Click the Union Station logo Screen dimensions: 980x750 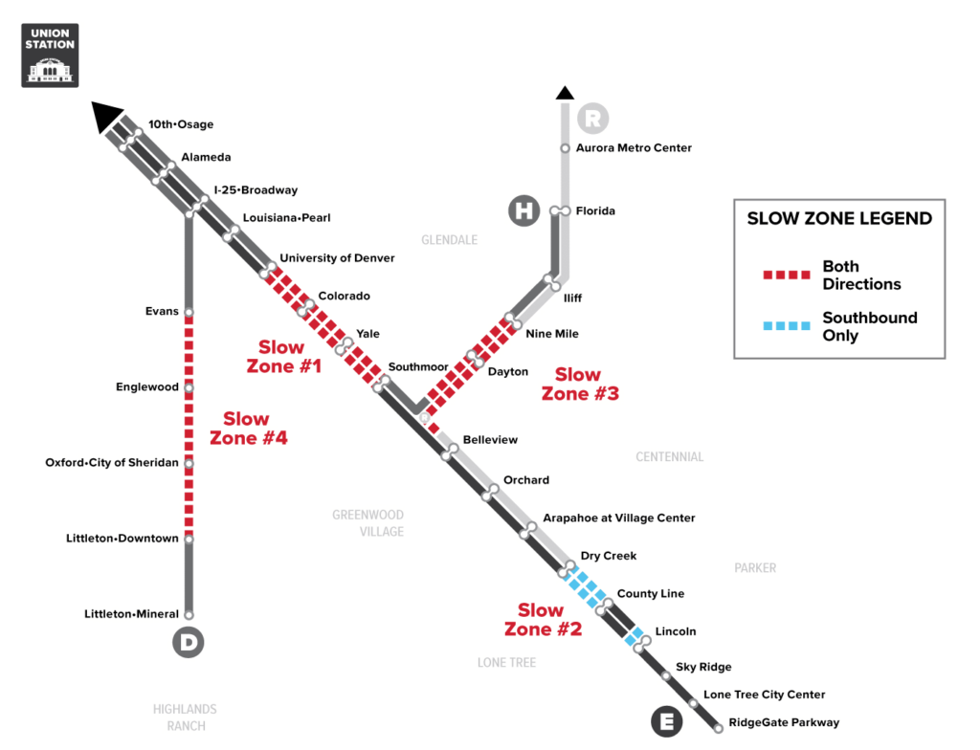pyautogui.click(x=50, y=55)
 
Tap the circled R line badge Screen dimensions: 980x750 pyautogui.click(x=592, y=118)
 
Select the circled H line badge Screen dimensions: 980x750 pyautogui.click(x=523, y=210)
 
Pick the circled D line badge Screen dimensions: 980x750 pyautogui.click(x=189, y=642)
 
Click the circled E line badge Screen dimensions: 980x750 pyautogui.click(x=667, y=721)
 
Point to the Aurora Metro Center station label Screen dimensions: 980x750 pyautogui.click(x=634, y=148)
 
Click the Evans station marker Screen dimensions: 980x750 pyautogui.click(x=189, y=312)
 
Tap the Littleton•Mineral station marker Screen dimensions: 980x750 pyautogui.click(x=189, y=614)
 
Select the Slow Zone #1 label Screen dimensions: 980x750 pyautogui.click(x=283, y=356)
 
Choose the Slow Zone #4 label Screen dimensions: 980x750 pyautogui.click(x=248, y=429)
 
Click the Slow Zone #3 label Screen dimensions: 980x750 pyautogui.click(x=580, y=384)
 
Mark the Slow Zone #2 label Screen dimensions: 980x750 pyautogui.click(x=544, y=619)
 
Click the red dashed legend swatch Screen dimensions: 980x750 pyautogui.click(x=787, y=275)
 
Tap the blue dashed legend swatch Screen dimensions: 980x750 pyautogui.click(x=787, y=325)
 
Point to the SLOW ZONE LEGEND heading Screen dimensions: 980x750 pyautogui.click(x=839, y=218)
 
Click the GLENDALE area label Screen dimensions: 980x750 pyautogui.click(x=450, y=240)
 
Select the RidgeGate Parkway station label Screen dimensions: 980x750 pyautogui.click(x=784, y=722)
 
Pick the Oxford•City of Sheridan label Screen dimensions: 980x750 pyautogui.click(x=112, y=462)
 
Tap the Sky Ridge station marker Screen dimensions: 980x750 pyautogui.click(x=666, y=675)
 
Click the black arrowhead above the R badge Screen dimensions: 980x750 pyautogui.click(x=565, y=93)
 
